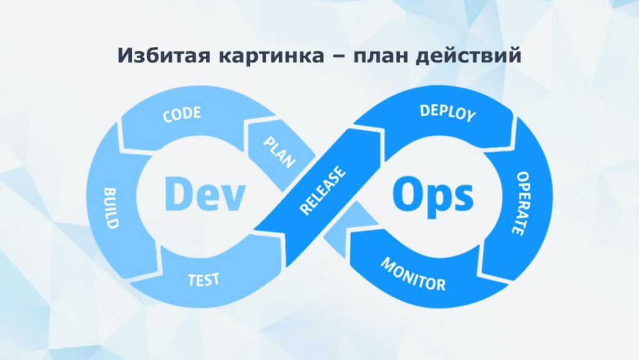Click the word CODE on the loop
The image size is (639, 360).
click(182, 114)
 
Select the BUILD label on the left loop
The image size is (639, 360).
click(111, 208)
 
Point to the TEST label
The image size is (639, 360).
click(204, 280)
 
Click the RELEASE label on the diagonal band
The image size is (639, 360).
click(322, 190)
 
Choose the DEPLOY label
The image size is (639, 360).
click(448, 112)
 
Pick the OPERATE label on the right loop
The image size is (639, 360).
click(521, 204)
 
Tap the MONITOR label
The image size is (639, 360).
click(413, 274)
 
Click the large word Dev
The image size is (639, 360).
click(205, 194)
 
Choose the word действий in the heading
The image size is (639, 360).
click(468, 56)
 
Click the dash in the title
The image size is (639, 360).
click(339, 57)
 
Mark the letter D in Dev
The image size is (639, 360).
click(177, 194)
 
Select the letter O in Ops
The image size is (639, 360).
click(408, 194)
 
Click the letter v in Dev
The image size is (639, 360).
click(232, 197)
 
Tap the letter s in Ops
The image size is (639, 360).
click(463, 197)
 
